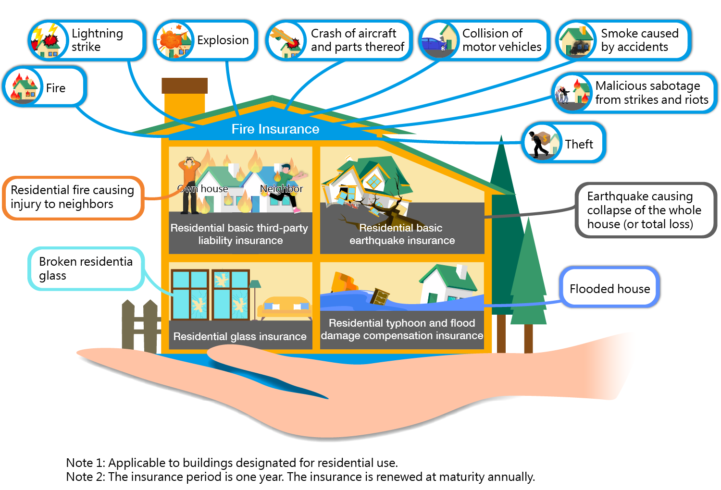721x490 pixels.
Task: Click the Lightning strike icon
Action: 47,41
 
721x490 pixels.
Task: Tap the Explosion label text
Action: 223,40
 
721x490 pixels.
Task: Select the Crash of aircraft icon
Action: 286,41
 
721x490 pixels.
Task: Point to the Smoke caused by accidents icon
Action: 575,41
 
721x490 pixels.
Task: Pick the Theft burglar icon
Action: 542,143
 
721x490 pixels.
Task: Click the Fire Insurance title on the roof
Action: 275,129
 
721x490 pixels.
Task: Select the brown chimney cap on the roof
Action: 185,86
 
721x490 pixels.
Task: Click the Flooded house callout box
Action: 609,288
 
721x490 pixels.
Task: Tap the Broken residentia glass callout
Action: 86,269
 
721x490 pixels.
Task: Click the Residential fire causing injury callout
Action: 73,197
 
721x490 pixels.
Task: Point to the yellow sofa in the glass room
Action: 285,307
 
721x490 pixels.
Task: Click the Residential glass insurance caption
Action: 239,336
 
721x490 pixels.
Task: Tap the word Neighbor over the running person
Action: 281,189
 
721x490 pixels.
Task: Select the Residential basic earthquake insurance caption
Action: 402,234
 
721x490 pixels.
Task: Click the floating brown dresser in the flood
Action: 379,296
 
